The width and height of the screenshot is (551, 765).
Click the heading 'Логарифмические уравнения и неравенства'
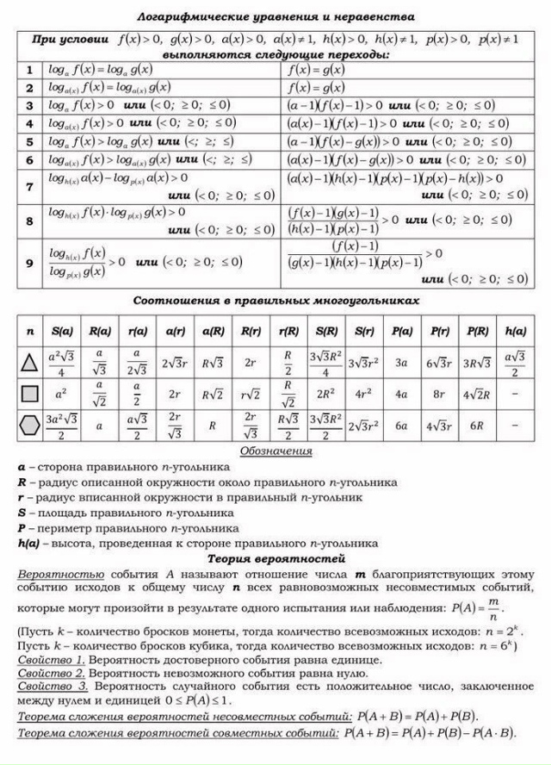point(275,16)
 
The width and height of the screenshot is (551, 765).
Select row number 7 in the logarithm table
point(28,186)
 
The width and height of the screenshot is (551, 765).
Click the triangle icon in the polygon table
point(30,362)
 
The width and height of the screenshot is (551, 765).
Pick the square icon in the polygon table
point(30,394)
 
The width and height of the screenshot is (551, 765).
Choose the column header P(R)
point(478,330)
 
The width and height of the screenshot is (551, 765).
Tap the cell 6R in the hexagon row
point(478,425)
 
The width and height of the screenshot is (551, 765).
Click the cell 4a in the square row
point(400,394)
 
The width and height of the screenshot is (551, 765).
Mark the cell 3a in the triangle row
point(400,362)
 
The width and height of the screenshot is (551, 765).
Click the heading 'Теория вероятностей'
point(275,557)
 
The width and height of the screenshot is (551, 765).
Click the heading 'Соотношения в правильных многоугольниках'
point(275,301)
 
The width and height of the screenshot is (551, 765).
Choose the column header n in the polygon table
point(30,330)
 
